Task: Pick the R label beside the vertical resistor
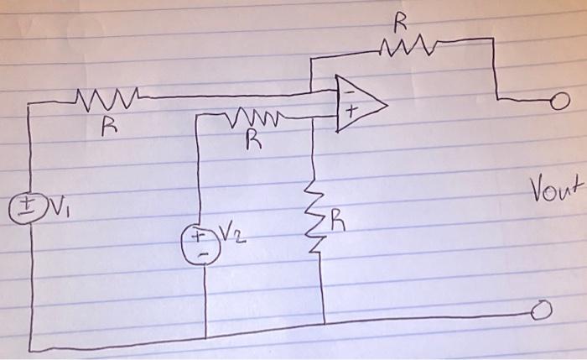point(338,222)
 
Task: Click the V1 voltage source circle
point(26,206)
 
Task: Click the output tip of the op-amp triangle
point(387,105)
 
